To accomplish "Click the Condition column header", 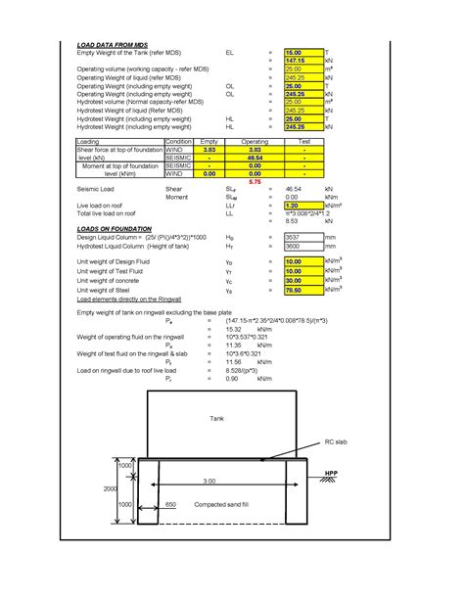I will pos(178,141).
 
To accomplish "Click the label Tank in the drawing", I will pos(217,418).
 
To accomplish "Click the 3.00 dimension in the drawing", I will pos(209,481).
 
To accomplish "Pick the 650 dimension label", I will pos(169,504).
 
